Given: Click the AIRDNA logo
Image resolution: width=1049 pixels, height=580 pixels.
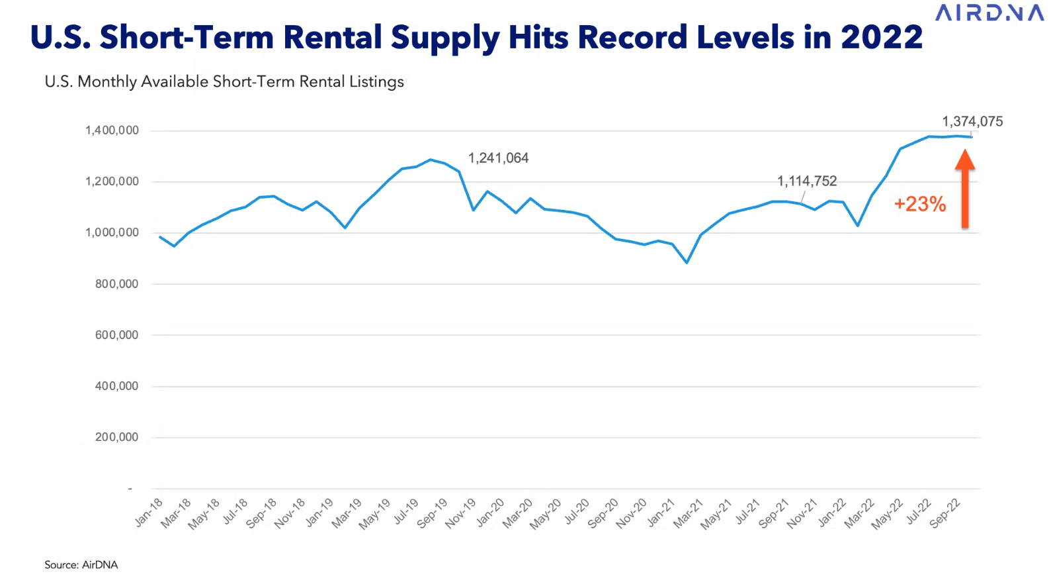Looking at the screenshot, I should tap(989, 13).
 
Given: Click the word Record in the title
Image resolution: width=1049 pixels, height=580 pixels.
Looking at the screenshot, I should tap(632, 37).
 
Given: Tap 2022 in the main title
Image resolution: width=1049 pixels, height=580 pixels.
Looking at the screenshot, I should tap(881, 37).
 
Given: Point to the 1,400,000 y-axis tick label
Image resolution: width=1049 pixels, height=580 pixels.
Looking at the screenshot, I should tap(112, 130).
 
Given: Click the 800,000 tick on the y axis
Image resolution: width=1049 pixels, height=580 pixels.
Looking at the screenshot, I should tap(116, 284).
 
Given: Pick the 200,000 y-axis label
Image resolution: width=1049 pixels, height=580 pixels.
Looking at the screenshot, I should tap(116, 437).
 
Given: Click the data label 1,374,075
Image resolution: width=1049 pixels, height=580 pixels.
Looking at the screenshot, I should tap(972, 122).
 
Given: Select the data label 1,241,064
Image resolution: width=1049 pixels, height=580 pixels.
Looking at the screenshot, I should tap(498, 158).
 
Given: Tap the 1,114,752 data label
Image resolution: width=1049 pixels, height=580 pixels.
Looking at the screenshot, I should tap(806, 181).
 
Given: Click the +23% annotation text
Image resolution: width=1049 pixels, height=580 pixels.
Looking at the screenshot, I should tap(919, 204).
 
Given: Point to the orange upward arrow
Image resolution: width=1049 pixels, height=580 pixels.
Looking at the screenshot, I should tap(965, 189).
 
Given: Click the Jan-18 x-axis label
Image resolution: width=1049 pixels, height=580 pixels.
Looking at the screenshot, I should tap(149, 512).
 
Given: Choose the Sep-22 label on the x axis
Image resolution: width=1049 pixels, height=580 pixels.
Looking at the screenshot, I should tap(945, 513).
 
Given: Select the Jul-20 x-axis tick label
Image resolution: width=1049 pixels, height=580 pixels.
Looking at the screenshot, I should tap(577, 512).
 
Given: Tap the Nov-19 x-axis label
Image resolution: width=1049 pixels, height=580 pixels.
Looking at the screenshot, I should tap(460, 513).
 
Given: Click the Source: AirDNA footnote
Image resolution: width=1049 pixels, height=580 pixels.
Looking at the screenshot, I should tap(81, 565).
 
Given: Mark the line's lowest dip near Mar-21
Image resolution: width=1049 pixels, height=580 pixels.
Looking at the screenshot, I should tap(687, 263).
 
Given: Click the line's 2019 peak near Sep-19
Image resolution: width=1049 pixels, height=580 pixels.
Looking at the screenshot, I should tap(431, 160).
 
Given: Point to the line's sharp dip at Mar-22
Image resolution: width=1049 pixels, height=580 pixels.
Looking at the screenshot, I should tap(858, 226).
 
